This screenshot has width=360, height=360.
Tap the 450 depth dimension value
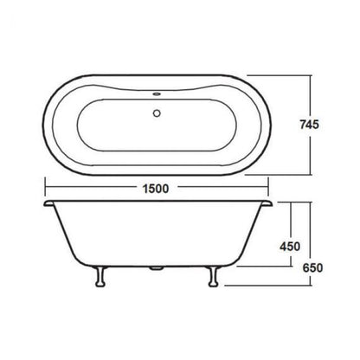point(289,246)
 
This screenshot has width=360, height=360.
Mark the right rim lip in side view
point(265,205)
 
